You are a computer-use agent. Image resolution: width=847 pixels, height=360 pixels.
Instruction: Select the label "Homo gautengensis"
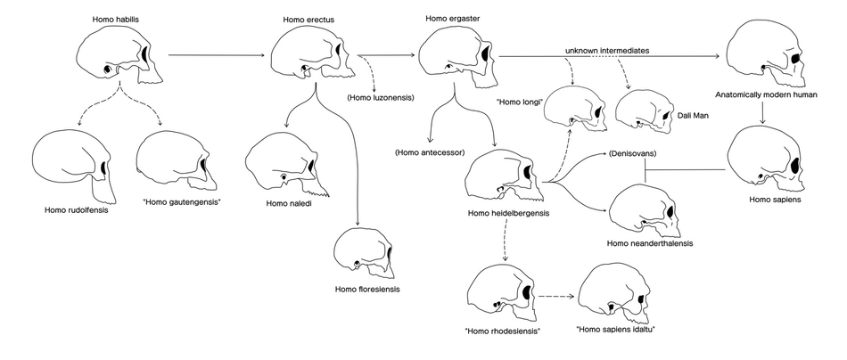[182, 202]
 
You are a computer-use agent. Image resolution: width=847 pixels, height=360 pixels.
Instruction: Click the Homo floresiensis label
[367, 290]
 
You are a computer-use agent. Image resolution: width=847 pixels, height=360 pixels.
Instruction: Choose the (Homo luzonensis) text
[381, 98]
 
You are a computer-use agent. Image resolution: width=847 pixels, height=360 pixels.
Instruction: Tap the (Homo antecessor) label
[430, 152]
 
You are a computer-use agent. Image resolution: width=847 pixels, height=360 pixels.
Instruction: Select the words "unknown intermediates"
[607, 50]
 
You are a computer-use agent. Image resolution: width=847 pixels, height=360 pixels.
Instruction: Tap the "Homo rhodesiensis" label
[502, 331]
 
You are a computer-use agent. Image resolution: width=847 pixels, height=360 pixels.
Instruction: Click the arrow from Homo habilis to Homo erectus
[217, 55]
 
